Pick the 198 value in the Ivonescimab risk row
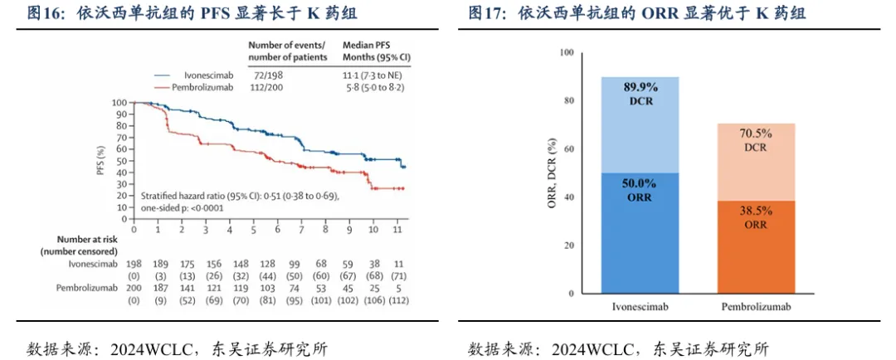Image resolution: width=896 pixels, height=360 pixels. click(134, 263)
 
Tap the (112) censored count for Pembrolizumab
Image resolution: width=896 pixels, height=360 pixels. click(398, 301)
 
